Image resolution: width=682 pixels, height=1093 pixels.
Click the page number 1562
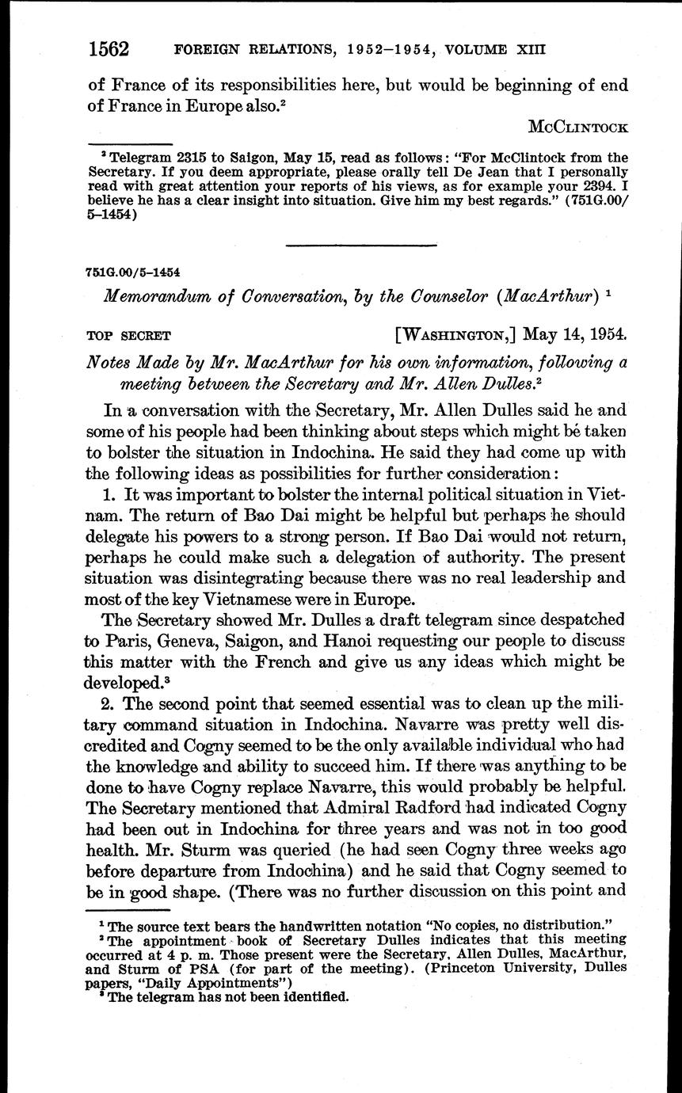point(109,49)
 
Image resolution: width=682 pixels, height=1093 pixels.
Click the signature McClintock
point(577,127)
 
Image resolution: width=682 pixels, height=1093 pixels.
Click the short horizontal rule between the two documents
point(360,245)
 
